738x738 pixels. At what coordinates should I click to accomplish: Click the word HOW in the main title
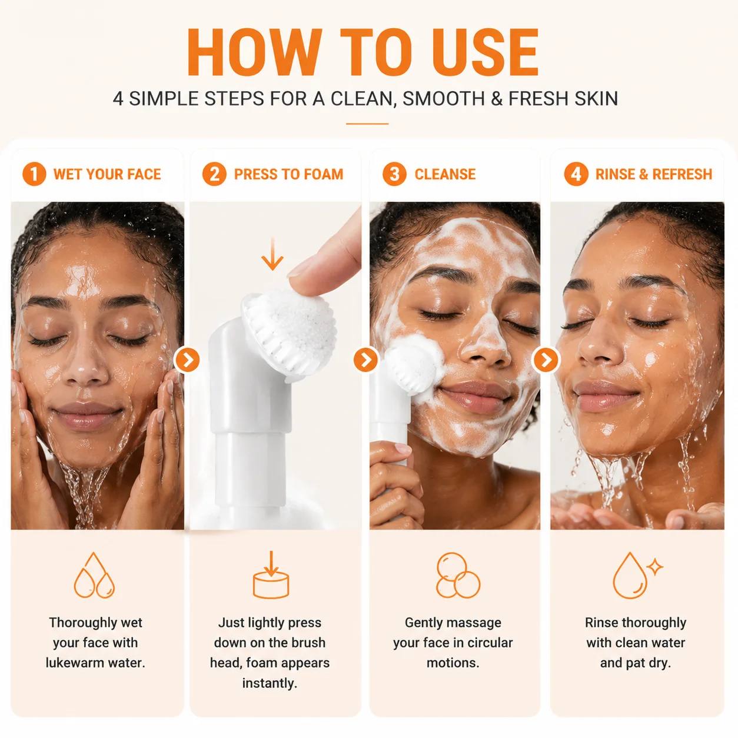pos(254,52)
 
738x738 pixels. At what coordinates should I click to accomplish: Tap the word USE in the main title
pos(486,52)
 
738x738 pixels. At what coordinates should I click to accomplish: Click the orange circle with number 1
pos(34,174)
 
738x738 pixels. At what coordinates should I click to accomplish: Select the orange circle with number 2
pos(214,174)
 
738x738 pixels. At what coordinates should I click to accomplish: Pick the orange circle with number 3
pos(394,174)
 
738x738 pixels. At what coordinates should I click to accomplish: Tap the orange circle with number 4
pos(576,174)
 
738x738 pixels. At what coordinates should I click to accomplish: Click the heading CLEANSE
pos(445,174)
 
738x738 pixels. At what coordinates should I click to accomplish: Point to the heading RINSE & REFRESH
pos(654,174)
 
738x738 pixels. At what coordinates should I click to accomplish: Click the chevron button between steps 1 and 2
pos(187,360)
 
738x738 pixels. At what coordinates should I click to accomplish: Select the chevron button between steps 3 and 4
pos(546,360)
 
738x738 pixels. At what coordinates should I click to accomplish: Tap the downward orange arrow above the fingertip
pos(272,254)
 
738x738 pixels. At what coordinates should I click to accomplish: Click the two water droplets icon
pos(94,575)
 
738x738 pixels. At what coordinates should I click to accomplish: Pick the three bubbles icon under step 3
pos(458,575)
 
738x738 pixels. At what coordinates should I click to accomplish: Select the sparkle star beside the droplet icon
pos(654,566)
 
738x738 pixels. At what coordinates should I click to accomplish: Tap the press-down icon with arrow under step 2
pos(271,574)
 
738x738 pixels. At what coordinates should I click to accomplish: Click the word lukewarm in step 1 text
pos(70,663)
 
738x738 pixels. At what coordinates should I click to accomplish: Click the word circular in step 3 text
pos(490,643)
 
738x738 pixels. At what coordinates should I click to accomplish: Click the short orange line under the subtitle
pos(367,124)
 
